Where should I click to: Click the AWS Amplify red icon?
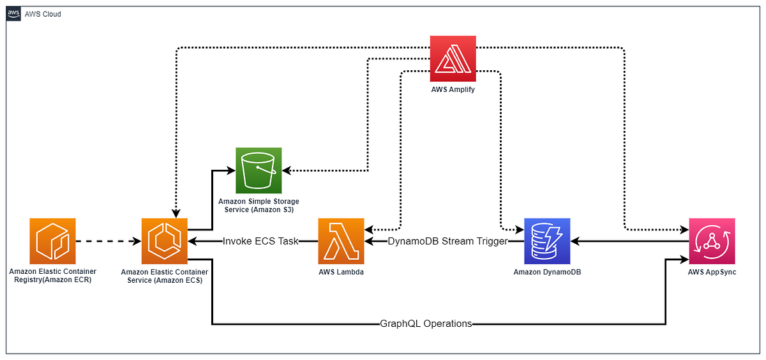(x=453, y=58)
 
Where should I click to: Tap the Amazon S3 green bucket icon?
(x=259, y=170)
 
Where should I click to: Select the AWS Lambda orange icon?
(x=341, y=241)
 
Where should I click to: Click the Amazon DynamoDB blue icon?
(x=547, y=241)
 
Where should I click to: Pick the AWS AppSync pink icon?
(x=712, y=241)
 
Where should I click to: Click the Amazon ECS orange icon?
(x=165, y=241)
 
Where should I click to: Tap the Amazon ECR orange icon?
(x=53, y=241)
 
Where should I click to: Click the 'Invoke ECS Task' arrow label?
(x=260, y=241)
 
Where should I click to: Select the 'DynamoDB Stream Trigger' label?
(x=448, y=241)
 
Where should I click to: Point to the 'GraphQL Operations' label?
(x=425, y=324)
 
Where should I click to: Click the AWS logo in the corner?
(x=13, y=13)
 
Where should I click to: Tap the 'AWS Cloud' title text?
(x=43, y=14)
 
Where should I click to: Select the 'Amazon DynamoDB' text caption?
(x=547, y=273)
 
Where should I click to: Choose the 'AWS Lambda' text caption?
(x=341, y=273)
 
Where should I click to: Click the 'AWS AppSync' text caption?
(x=712, y=273)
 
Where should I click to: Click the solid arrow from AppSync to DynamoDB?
(x=629, y=241)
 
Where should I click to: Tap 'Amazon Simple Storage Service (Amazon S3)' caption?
(x=259, y=206)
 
